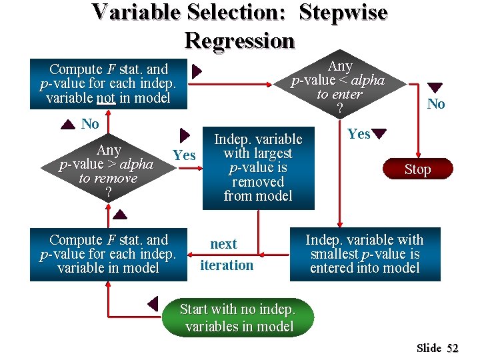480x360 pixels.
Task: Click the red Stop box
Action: point(417,169)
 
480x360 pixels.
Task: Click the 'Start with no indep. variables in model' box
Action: point(239,317)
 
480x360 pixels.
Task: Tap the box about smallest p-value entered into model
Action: point(365,254)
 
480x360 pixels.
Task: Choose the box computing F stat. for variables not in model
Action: point(109,84)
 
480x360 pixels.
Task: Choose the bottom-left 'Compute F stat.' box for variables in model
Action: point(109,254)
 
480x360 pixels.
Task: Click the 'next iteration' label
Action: point(226,255)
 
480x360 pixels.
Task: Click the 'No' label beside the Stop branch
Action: point(436,103)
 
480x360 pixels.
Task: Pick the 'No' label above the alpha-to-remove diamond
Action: point(90,124)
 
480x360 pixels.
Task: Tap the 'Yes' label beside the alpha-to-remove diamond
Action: point(184,156)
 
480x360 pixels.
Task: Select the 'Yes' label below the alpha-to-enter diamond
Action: point(359,134)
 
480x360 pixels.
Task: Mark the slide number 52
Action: point(453,348)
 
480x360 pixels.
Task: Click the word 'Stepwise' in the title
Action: point(343,12)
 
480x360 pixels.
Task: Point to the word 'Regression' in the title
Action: point(239,41)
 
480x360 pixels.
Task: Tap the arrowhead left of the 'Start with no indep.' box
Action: point(153,304)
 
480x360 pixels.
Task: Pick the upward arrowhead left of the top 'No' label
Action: point(68,124)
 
